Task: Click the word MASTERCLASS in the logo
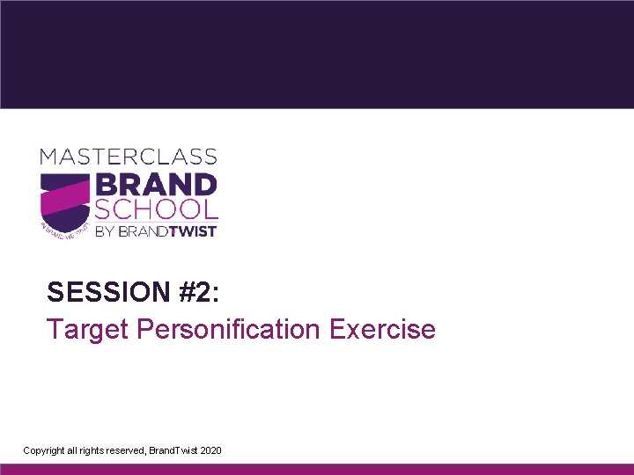pyautogui.click(x=128, y=157)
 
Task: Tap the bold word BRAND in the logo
pyautogui.click(x=155, y=186)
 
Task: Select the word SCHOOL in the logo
pyautogui.click(x=156, y=209)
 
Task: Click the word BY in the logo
pyautogui.click(x=105, y=230)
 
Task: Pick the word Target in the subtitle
pyautogui.click(x=85, y=329)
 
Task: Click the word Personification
pyautogui.click(x=226, y=329)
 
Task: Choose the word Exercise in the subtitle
pyautogui.click(x=382, y=329)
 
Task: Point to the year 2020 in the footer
pyautogui.click(x=211, y=450)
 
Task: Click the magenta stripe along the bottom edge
pyautogui.click(x=317, y=470)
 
